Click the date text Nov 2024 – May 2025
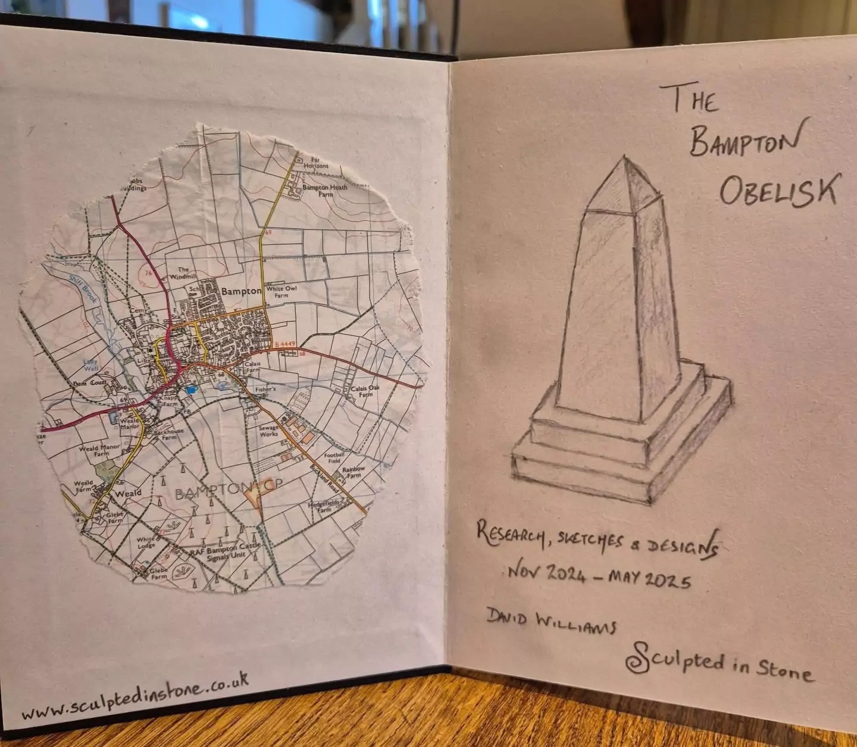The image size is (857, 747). (599, 575)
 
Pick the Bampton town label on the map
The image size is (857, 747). (241, 291)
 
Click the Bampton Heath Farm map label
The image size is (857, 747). (325, 191)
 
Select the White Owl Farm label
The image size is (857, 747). (282, 292)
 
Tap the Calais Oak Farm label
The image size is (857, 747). (365, 391)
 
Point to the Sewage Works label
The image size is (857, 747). (268, 431)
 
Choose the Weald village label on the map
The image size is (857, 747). (128, 493)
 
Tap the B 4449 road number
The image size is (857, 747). (285, 344)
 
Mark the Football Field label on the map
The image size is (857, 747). (334, 457)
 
